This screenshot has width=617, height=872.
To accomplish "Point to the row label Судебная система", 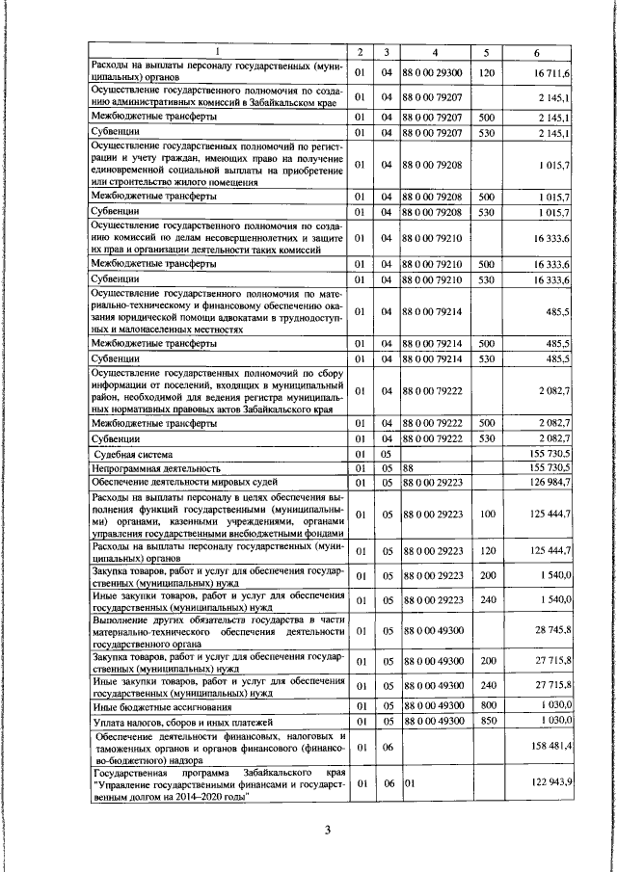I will tap(133, 453).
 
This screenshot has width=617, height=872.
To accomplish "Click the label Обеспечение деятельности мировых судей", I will tap(185, 481).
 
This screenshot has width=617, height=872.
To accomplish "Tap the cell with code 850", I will tap(487, 720).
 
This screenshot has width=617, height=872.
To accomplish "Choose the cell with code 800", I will tap(487, 705).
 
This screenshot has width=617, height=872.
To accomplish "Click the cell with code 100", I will tap(487, 515).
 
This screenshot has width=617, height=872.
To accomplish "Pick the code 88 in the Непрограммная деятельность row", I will tap(409, 467).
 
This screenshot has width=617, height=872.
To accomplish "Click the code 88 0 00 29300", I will tap(433, 72).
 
